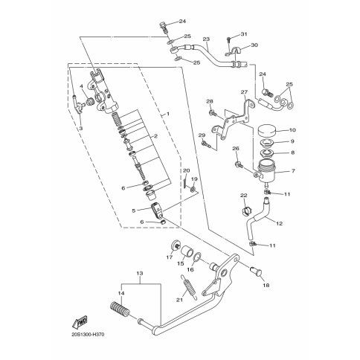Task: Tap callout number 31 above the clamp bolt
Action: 243,34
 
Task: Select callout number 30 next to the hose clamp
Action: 254,45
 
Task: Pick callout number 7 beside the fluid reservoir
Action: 292,171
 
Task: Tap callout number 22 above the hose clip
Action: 242,195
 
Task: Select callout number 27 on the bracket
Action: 243,93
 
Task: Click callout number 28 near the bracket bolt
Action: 210,101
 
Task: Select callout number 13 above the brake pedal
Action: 139,274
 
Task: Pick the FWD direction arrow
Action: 80,321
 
